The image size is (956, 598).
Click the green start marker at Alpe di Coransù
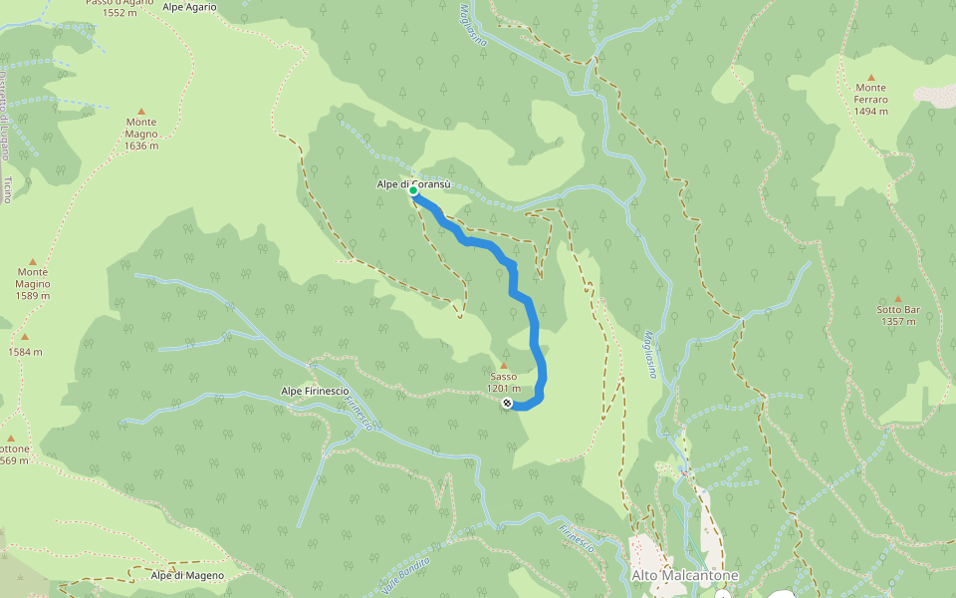click(x=413, y=190)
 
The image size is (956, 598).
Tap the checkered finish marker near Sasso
click(x=508, y=403)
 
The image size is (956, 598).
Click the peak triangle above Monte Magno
click(x=140, y=111)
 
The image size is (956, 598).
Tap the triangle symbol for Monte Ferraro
click(x=870, y=77)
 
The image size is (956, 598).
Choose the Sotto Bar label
click(x=897, y=309)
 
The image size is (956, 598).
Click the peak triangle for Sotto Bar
click(x=897, y=298)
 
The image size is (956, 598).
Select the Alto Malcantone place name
click(x=685, y=576)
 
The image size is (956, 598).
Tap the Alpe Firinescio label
click(x=315, y=391)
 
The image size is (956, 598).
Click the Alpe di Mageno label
click(x=187, y=575)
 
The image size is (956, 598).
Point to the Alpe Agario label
click(x=189, y=6)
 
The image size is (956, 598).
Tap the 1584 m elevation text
click(x=25, y=352)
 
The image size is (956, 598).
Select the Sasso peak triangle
click(x=504, y=366)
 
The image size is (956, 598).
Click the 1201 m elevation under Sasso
click(x=504, y=389)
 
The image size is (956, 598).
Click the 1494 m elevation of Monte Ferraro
click(x=870, y=111)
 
